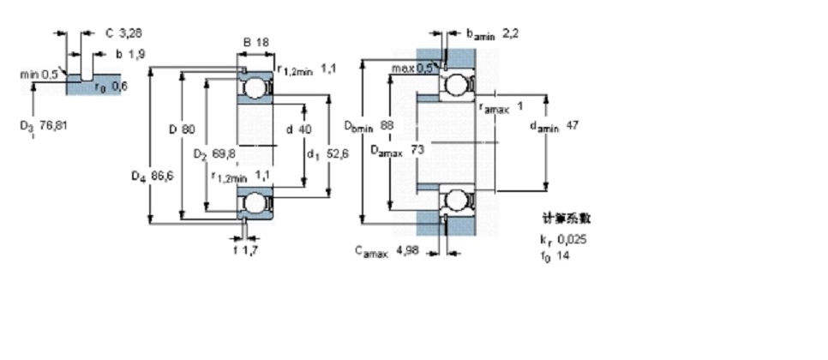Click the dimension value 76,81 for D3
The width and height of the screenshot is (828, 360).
coord(53,125)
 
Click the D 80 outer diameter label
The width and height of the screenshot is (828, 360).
coord(182,129)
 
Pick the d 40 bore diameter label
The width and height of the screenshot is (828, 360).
coord(299,129)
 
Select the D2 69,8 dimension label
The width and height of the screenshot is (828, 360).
coord(213,154)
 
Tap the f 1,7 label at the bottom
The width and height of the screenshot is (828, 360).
coord(246,250)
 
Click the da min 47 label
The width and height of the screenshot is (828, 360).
coord(555,126)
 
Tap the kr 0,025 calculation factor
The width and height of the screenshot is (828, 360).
coord(563,239)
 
